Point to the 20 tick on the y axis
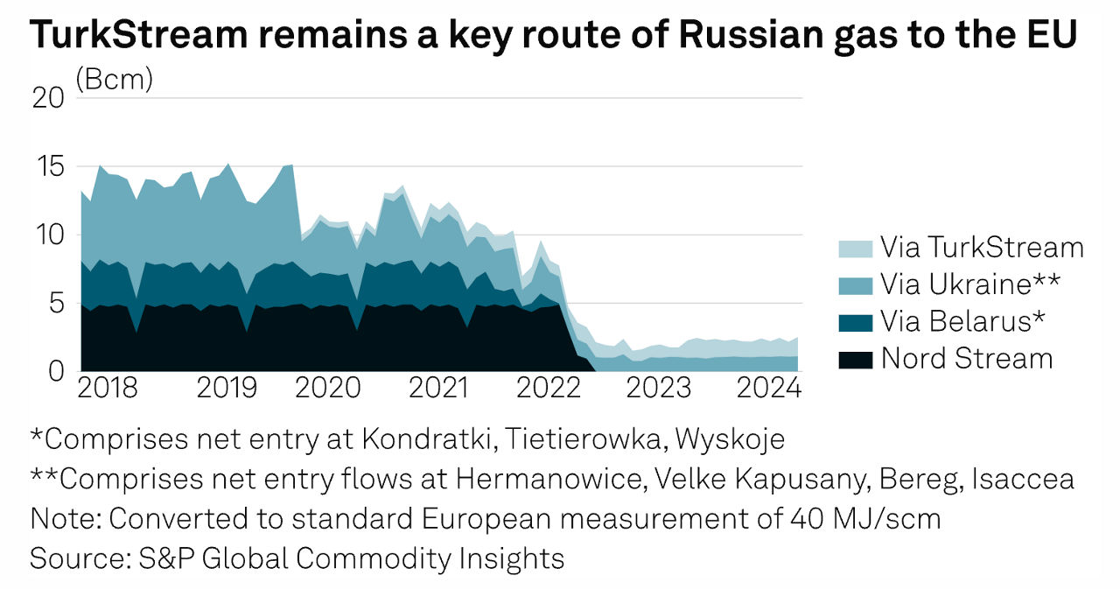click(49, 97)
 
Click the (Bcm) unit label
click(115, 80)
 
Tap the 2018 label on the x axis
click(107, 388)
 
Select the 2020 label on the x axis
click(328, 388)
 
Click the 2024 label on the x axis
click(767, 388)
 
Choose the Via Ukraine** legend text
click(970, 284)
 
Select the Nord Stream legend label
click(967, 358)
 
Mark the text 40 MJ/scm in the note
click(862, 518)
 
